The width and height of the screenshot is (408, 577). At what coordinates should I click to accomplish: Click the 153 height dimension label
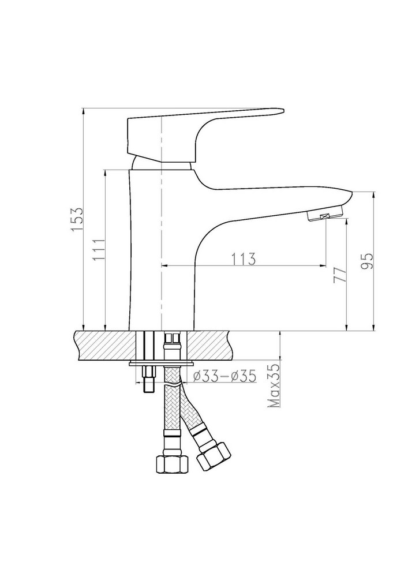78,219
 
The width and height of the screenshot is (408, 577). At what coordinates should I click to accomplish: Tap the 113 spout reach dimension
243,259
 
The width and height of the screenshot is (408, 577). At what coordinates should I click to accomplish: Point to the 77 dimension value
339,275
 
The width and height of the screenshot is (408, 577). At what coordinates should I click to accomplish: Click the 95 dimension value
366,261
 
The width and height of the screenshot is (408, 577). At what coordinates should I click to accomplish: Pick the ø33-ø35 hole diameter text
224,376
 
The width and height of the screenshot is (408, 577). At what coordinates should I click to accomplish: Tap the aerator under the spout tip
325,214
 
